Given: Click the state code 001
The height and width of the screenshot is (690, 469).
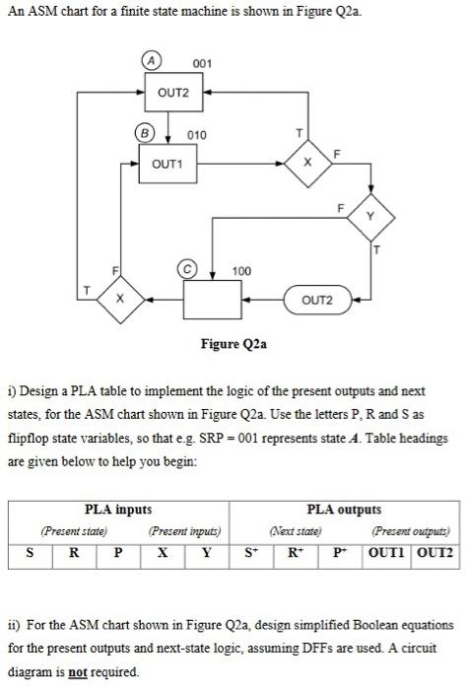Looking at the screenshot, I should [203, 65].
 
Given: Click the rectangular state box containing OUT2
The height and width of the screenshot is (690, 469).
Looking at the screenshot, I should [175, 94].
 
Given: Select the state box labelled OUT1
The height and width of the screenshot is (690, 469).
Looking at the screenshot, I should [167, 164].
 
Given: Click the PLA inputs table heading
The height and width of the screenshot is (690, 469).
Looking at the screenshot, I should [118, 509].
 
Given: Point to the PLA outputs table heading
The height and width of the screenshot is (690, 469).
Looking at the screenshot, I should [343, 509].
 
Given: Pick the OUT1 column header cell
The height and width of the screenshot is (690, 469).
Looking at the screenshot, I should [391, 554].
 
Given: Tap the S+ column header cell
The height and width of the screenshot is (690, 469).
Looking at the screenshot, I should [249, 554].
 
